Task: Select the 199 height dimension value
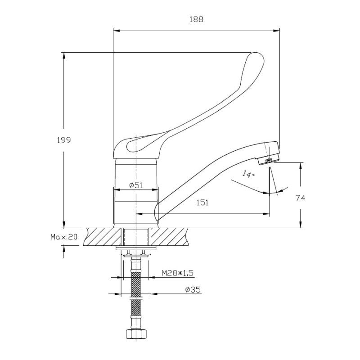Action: click(64, 140)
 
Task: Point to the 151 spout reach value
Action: click(203, 202)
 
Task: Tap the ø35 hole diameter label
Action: click(193, 290)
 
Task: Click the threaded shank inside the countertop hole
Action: click(136, 236)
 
